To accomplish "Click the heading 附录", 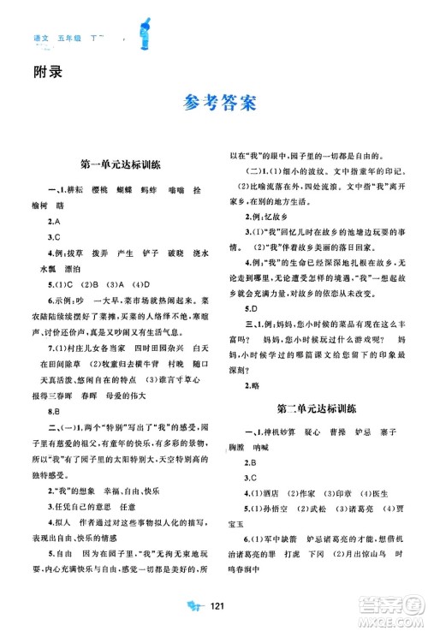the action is tap(31, 74).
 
